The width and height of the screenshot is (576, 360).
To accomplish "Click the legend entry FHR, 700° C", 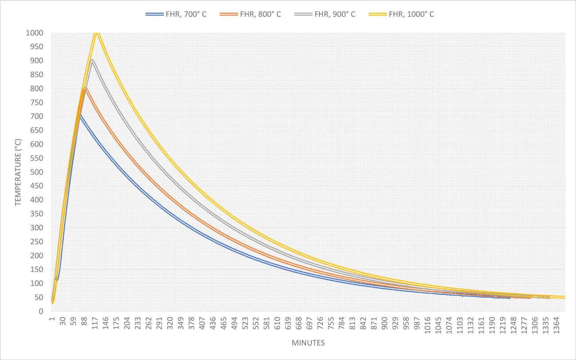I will [176, 14].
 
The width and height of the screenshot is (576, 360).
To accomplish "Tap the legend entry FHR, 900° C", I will [325, 14].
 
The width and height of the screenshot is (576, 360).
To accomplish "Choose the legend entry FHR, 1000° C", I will [401, 14].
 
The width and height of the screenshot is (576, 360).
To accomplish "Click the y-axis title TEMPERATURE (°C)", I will [18, 172].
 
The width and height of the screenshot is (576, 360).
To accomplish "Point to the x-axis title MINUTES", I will [308, 343].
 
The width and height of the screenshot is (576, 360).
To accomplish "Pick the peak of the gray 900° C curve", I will [92, 60].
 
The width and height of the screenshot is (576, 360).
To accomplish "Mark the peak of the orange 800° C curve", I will [85, 88].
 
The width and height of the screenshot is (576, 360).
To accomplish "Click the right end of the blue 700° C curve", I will [510, 298].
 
